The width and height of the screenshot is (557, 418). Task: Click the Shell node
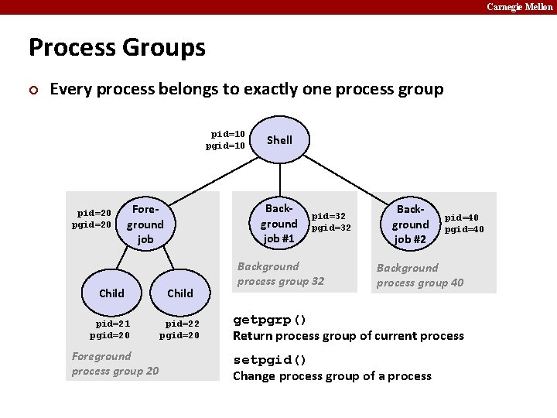[x=279, y=140]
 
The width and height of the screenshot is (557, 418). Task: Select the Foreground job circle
[x=145, y=224]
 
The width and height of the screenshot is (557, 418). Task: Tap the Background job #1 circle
[x=279, y=224]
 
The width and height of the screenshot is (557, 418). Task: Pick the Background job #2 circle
[x=410, y=224]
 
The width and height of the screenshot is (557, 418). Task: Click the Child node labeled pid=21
[x=111, y=293]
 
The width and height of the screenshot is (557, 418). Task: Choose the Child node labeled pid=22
[x=180, y=293]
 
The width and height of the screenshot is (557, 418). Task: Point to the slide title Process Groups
[x=117, y=48]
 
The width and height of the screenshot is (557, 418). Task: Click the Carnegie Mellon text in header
[x=519, y=6]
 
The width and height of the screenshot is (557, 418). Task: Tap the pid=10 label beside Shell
[x=228, y=134]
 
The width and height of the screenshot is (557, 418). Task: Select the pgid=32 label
[x=331, y=228]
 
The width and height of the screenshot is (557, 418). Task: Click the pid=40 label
[x=462, y=218]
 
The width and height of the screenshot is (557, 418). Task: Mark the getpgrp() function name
[x=270, y=320]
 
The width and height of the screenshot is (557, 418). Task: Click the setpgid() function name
[x=270, y=361]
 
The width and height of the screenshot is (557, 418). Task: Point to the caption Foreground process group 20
[x=115, y=363]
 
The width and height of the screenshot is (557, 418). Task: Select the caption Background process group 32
[x=281, y=274]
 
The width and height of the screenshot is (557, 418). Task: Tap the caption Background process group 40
[x=420, y=275]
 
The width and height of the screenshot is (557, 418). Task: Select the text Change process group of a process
[x=332, y=376]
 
